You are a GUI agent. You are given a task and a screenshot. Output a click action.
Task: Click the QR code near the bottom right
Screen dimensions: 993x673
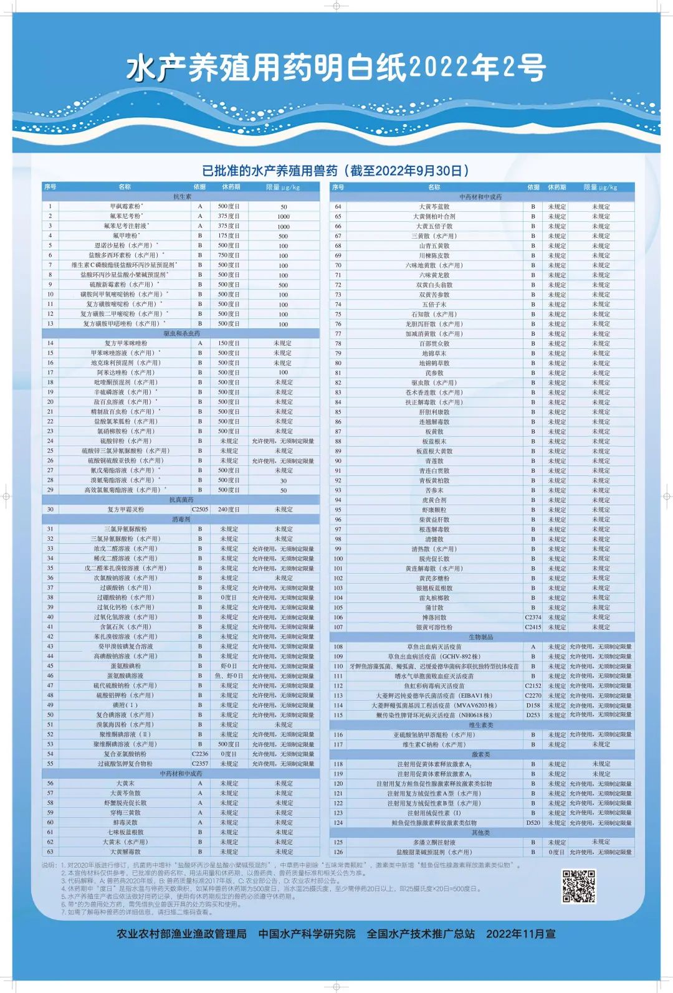579,886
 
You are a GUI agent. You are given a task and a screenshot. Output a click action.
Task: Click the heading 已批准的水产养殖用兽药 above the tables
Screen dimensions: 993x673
336,171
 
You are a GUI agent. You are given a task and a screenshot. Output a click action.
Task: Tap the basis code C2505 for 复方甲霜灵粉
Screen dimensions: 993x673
200,509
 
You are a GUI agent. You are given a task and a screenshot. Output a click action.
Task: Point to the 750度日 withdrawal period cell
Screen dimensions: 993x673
229,255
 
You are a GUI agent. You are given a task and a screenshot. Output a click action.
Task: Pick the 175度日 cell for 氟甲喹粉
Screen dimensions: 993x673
229,235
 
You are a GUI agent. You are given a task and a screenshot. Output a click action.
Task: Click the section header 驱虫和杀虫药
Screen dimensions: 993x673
181,333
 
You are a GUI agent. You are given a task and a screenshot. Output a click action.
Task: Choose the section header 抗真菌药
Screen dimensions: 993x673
181,500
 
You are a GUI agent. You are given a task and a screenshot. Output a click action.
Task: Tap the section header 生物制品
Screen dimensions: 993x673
481,637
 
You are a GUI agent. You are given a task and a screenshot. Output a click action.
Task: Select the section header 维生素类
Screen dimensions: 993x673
481,725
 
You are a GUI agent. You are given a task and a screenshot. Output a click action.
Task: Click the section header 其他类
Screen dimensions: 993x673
481,832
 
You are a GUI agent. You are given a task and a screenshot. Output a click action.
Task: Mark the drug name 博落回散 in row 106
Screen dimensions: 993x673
434,617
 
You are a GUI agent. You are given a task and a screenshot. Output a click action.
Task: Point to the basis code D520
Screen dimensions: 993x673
533,822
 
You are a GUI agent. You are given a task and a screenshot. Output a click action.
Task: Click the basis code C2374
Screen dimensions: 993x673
533,617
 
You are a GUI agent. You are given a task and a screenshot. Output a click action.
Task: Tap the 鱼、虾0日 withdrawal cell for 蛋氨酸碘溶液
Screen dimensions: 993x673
229,675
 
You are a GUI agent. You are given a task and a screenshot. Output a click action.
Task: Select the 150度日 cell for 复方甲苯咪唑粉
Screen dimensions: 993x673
229,343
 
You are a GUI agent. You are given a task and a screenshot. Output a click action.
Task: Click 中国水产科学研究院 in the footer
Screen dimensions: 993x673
307,934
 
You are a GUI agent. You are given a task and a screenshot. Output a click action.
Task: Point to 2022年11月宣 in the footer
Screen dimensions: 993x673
520,934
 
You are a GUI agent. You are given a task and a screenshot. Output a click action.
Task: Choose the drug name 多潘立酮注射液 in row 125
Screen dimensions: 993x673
434,842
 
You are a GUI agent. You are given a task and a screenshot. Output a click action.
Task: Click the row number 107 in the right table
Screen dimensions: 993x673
338,627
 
